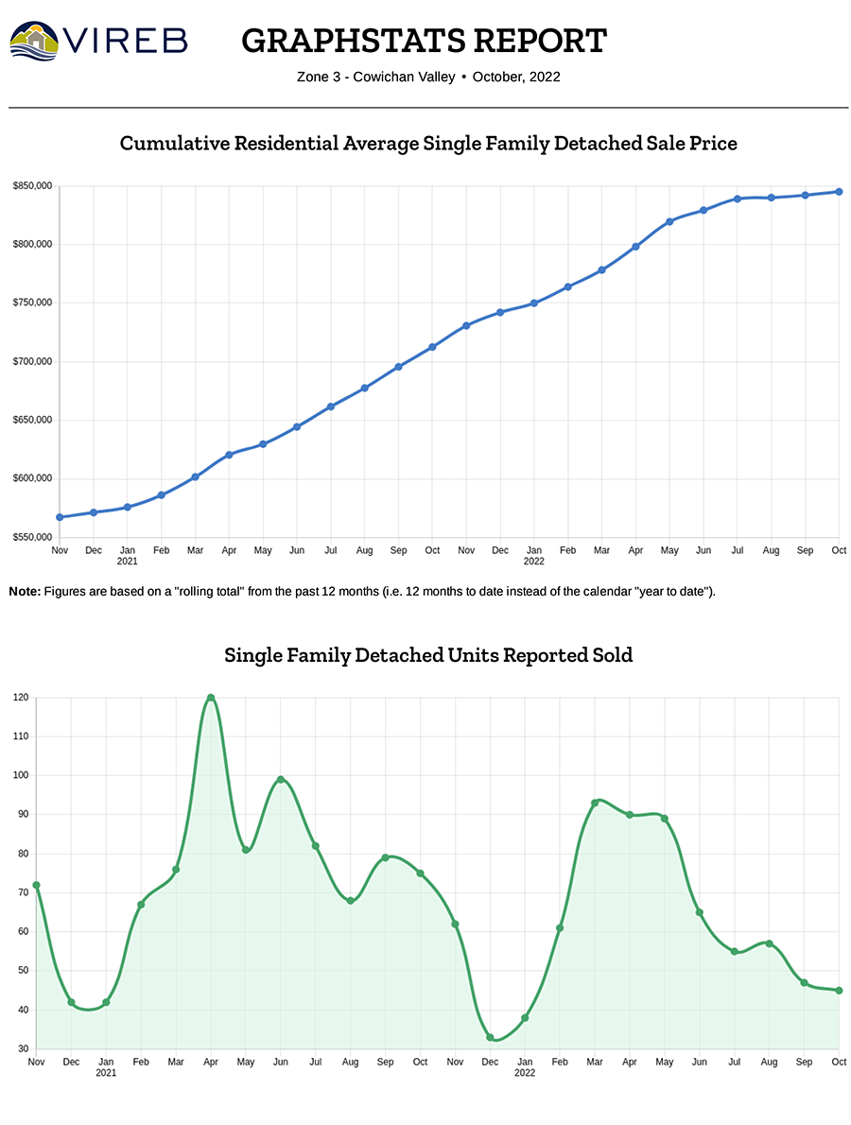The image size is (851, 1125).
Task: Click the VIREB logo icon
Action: coord(34,40)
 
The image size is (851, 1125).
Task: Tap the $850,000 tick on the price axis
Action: coord(32,186)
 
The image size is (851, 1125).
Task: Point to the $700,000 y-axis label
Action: coord(32,362)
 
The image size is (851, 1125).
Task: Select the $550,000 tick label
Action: coord(32,537)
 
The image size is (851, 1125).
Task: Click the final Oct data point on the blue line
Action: coord(839,192)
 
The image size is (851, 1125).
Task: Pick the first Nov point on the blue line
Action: coord(60,517)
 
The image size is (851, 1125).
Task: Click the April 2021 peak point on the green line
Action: coord(211,698)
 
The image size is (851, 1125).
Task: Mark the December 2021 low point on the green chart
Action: coord(490,1037)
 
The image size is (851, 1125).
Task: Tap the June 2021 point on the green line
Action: coord(281,779)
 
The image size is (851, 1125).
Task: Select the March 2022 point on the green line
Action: coord(595,803)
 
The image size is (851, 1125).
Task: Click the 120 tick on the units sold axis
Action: coord(21,698)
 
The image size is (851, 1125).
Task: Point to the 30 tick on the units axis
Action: coord(23,1049)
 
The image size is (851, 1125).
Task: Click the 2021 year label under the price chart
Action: coord(127,561)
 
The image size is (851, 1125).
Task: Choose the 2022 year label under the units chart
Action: coord(525,1073)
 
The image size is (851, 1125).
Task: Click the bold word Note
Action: coord(25,591)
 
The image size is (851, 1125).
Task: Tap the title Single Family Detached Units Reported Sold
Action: coord(428,654)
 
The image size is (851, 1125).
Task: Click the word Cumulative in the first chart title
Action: coord(172,144)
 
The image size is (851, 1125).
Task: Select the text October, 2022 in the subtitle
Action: coord(516,77)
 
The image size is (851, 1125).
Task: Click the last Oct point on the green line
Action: coord(839,991)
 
